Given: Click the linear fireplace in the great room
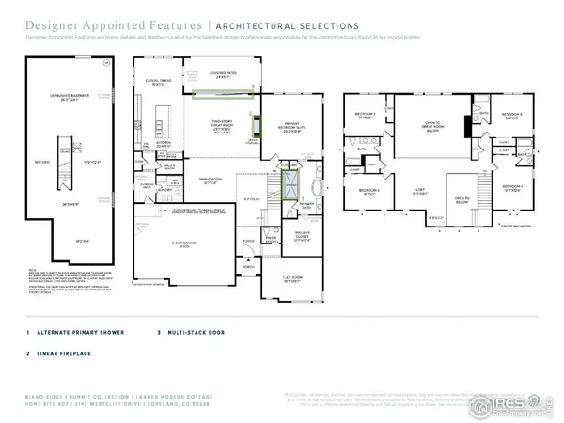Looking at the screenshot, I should click(255, 122).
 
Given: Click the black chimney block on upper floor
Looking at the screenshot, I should click(468, 131).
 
